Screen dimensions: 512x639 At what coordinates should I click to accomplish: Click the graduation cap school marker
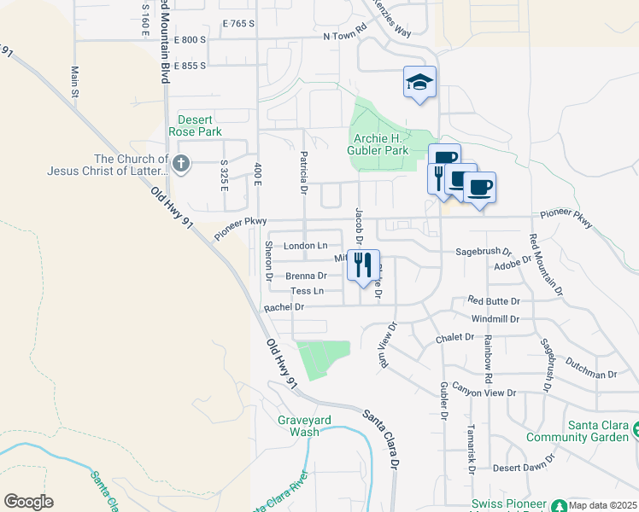(419, 83)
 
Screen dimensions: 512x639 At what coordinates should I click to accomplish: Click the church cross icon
(180, 162)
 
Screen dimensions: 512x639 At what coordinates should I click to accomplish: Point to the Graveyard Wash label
(298, 426)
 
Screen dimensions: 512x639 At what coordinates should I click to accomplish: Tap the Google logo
(28, 502)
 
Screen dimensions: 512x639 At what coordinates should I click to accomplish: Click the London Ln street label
(305, 246)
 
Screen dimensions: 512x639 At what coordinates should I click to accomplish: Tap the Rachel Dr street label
(284, 307)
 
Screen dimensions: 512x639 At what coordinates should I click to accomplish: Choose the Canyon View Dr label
(485, 393)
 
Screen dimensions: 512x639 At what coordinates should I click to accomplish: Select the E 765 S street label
(237, 24)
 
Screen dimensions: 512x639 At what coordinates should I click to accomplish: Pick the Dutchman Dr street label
(590, 374)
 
